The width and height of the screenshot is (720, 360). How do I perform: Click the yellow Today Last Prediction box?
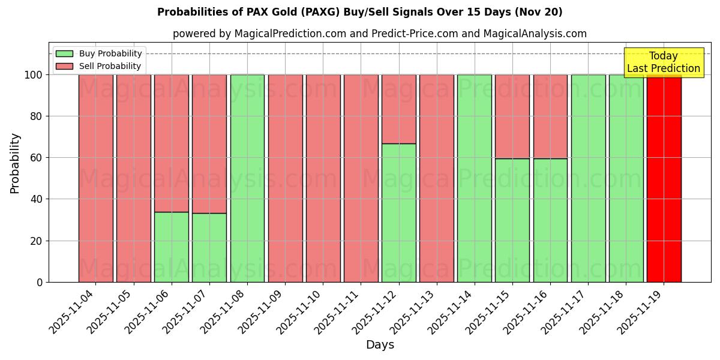coord(663,62)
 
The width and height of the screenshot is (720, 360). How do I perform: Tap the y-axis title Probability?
coord(15,163)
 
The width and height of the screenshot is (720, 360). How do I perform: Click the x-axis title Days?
coord(380,345)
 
